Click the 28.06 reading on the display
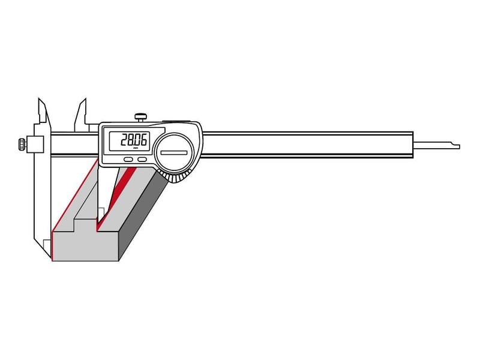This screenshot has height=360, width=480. pos(133,140)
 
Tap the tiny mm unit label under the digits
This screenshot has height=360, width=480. pos(136,148)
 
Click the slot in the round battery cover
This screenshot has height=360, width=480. pos(174,152)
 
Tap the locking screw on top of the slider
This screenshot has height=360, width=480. pos(140,117)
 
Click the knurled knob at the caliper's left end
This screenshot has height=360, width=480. pos(22,145)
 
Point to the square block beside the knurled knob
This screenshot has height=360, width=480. pos(35,144)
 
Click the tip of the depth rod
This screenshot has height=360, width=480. pos(459,147)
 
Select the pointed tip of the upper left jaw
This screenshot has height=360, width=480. pos(39,99)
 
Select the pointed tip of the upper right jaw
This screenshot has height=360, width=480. pos(85,99)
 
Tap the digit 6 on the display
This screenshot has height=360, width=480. pos(143,140)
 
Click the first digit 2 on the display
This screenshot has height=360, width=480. pos(124,140)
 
